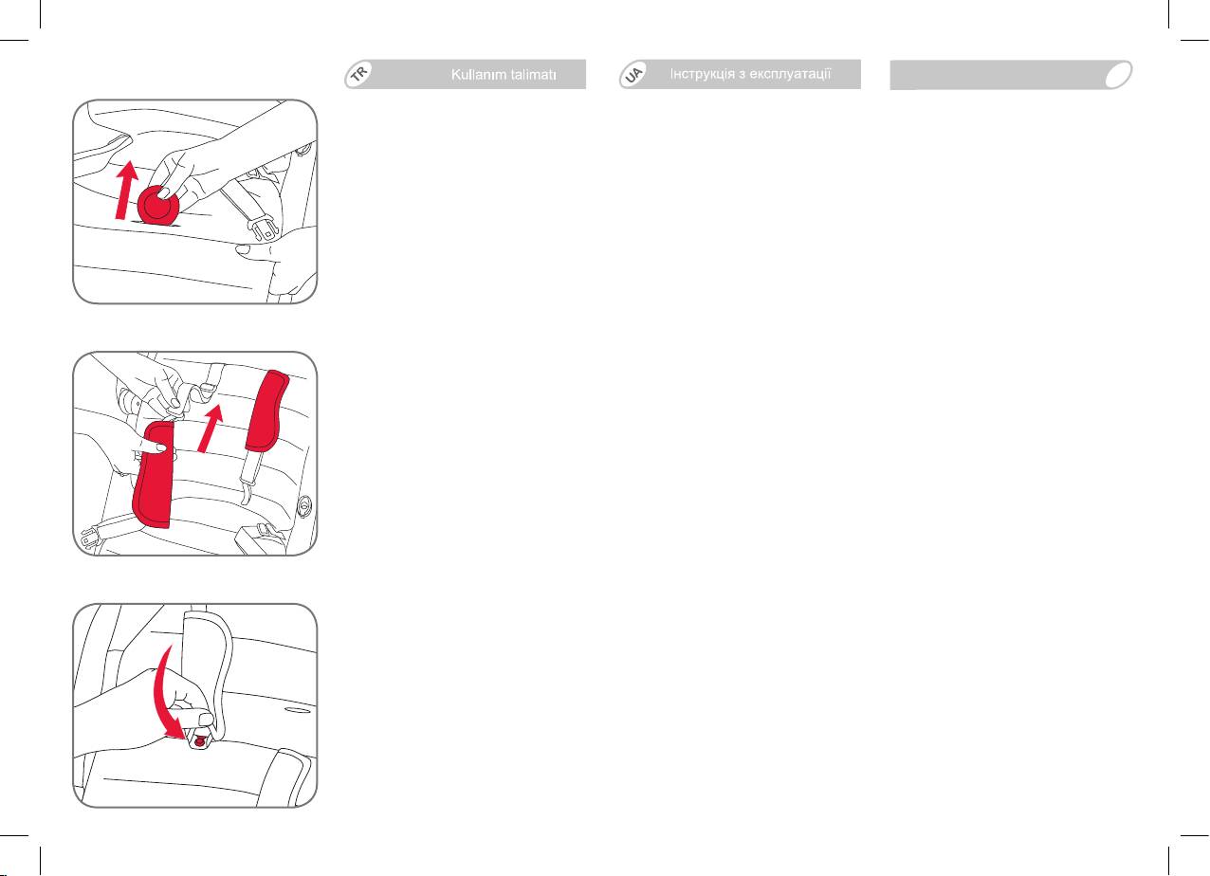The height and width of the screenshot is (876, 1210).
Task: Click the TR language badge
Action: tap(358, 74)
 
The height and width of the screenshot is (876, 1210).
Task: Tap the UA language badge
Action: tap(633, 74)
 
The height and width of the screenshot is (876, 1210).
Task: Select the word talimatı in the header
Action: tap(532, 75)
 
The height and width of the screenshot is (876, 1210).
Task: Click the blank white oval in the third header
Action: tap(1118, 75)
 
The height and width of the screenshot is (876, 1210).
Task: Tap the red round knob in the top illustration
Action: tap(158, 205)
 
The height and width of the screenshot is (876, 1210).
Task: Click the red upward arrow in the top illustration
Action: tap(126, 190)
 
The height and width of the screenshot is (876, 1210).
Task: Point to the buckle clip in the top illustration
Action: tap(265, 228)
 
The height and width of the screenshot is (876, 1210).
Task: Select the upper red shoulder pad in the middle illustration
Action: tap(266, 411)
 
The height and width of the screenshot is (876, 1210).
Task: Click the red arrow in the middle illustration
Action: tap(211, 428)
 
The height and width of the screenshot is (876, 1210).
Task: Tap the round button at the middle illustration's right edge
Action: tap(304, 507)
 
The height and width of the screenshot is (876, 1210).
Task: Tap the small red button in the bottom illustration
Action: tap(200, 742)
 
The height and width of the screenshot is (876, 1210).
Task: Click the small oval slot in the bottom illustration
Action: tap(298, 710)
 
